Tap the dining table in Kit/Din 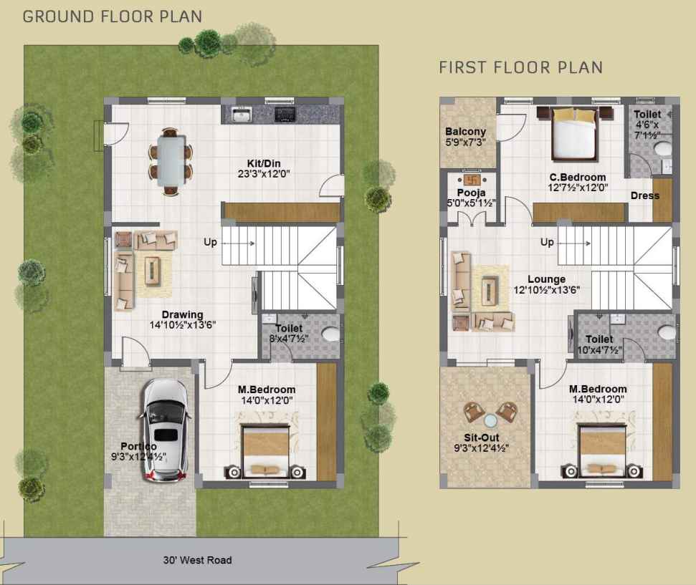(x=171, y=161)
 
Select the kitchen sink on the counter (x=242, y=115)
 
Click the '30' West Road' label (x=198, y=560)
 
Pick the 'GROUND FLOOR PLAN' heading (x=113, y=16)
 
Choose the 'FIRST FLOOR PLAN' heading (x=520, y=67)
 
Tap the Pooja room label (x=472, y=193)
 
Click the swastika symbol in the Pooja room (x=472, y=180)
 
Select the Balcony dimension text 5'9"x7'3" (x=465, y=142)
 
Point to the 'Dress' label (x=645, y=195)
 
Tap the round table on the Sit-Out (x=490, y=420)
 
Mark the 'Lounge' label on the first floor (x=546, y=279)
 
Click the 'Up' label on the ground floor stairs (x=210, y=242)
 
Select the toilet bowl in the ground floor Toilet (x=330, y=334)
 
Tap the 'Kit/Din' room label (x=264, y=163)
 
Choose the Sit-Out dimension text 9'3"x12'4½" (x=481, y=448)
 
